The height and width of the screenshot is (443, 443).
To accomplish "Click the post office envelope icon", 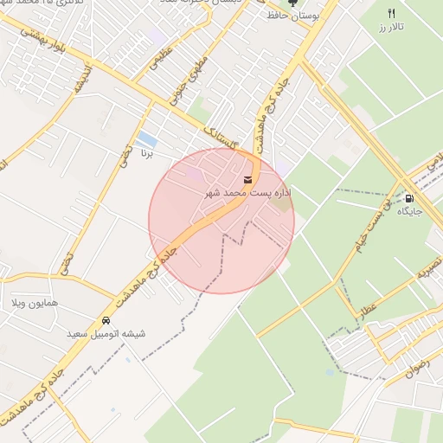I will click(x=249, y=179).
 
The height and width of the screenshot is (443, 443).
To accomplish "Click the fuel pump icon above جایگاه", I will click(x=409, y=197).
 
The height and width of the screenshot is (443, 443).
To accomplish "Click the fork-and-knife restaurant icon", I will click(x=391, y=13).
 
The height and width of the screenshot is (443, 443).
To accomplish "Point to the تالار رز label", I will click(x=391, y=28).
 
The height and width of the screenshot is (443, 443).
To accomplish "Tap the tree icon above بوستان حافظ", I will click(x=291, y=3).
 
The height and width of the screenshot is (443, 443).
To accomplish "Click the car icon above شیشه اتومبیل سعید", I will click(x=106, y=319).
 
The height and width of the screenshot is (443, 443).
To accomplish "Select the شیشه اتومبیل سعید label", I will click(x=106, y=333).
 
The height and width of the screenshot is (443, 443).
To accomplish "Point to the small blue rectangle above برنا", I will click(x=147, y=138).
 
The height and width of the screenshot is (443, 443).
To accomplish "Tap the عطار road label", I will click(x=369, y=308).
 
